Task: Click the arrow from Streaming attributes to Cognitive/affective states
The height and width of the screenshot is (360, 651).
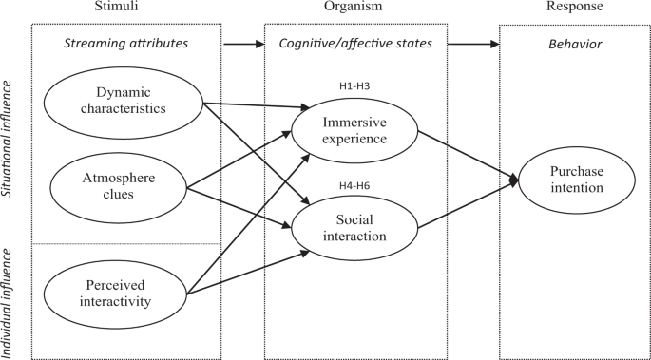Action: [x=243, y=44]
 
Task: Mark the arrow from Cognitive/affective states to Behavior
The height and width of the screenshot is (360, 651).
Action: [x=473, y=44]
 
